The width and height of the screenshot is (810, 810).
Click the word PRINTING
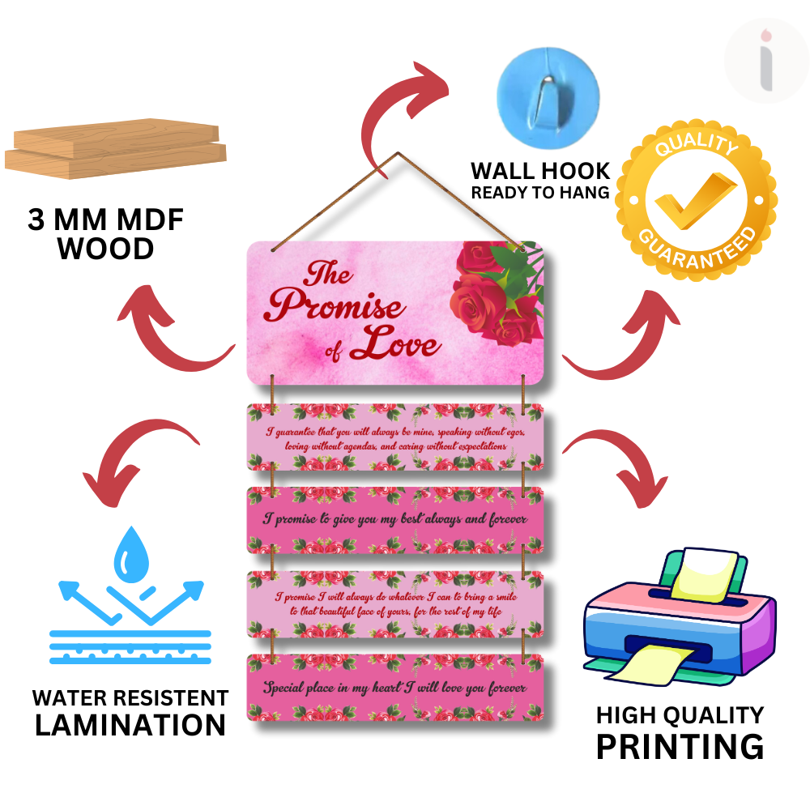pyautogui.click(x=680, y=746)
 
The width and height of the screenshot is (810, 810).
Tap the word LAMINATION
pyautogui.click(x=130, y=725)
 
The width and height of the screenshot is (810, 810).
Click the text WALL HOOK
pyautogui.click(x=540, y=171)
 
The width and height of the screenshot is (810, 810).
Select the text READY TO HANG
pyautogui.click(x=540, y=194)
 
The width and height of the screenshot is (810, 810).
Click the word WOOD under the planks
pyautogui.click(x=106, y=249)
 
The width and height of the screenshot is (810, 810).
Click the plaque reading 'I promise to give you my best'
pyautogui.click(x=394, y=519)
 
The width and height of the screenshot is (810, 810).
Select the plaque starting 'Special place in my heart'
pyautogui.click(x=394, y=688)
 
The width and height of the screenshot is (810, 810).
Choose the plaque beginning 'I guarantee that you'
pyautogui.click(x=394, y=438)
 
